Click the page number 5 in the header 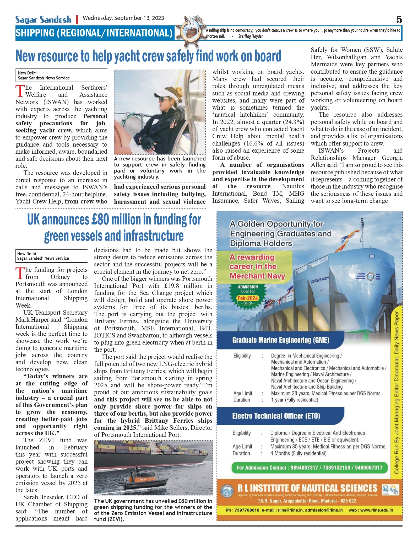pos(399,20)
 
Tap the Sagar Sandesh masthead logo pos(43,20)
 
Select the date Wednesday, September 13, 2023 pos(123,18)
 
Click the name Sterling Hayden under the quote pos(251,36)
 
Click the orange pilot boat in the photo pos(143,480)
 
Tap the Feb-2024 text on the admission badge pos(248,298)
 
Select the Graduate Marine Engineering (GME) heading pos(280,340)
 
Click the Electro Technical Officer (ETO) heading pos(276,416)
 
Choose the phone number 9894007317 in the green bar pos(304,468)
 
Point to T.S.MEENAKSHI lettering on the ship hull pos(319,280)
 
